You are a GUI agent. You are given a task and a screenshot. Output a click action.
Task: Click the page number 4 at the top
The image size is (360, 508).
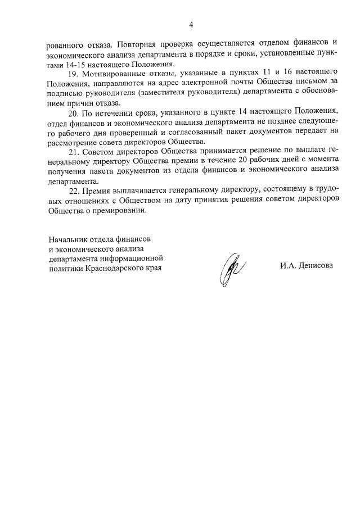coord(191,25)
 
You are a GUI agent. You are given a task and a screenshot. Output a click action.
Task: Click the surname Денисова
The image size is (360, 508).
coord(315,265)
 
